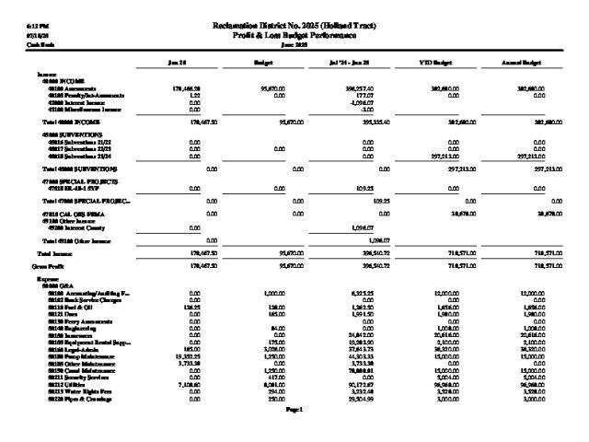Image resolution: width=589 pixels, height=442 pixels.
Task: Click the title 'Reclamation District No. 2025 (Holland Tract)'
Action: [x=295, y=23]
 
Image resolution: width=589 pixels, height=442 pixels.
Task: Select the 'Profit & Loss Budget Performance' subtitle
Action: [x=295, y=34]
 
